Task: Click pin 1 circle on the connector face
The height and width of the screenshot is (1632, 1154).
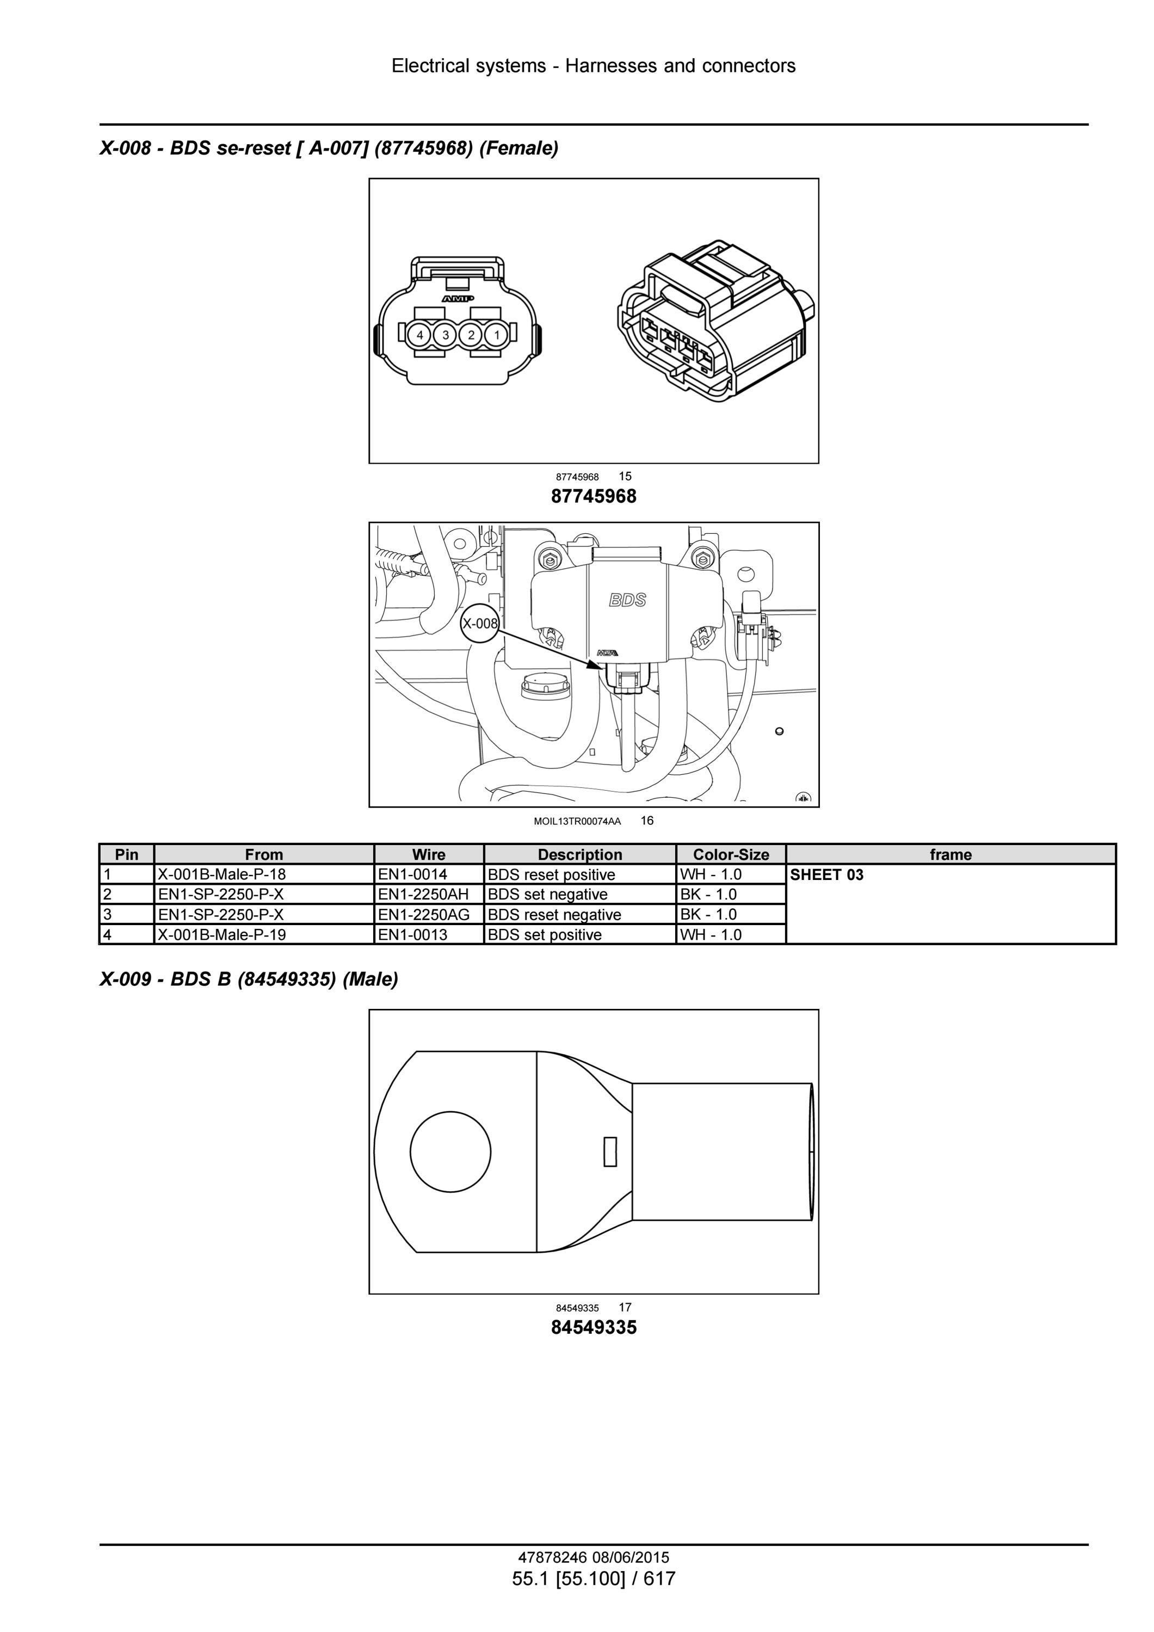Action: pyautogui.click(x=497, y=334)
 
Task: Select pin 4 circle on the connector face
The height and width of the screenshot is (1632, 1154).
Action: pyautogui.click(x=420, y=334)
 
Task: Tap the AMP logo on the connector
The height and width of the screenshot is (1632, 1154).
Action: pyautogui.click(x=458, y=299)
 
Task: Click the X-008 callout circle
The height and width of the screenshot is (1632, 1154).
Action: pyautogui.click(x=480, y=624)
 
